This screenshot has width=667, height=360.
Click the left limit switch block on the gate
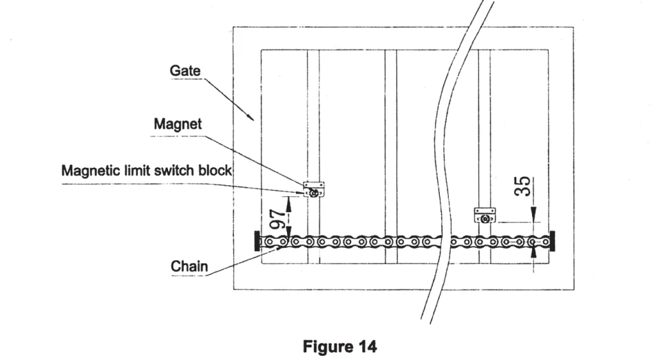(313, 190)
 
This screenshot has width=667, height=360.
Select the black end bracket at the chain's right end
(552, 242)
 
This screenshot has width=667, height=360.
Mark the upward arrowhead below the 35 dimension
(535, 253)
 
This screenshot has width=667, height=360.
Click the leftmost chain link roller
(268, 242)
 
